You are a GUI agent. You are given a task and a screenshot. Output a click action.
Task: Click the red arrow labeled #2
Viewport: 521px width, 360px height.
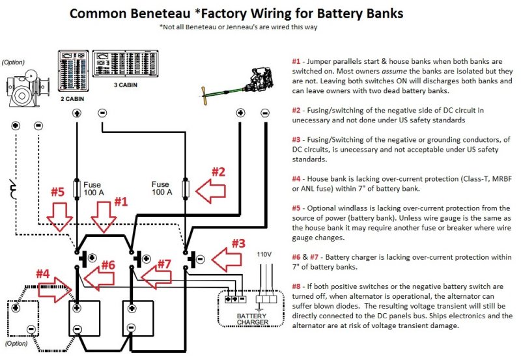(x=210, y=191)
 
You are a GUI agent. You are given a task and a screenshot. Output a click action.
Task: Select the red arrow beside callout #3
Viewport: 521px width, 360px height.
(x=226, y=260)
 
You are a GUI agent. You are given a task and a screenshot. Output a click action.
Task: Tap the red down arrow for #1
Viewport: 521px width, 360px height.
(x=104, y=217)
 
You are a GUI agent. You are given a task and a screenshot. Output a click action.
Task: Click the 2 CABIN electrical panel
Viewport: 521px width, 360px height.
(x=74, y=71)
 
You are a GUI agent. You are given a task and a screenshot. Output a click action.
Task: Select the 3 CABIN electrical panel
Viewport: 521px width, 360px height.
(x=125, y=64)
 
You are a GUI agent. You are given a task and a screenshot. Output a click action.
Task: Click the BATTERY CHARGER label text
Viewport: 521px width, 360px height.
(x=252, y=319)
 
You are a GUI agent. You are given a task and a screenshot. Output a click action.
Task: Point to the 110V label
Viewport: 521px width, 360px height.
(x=264, y=255)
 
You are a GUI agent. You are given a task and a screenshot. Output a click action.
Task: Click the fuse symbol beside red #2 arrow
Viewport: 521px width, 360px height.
(x=186, y=188)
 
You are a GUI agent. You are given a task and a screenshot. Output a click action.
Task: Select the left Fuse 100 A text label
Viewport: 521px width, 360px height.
(x=93, y=189)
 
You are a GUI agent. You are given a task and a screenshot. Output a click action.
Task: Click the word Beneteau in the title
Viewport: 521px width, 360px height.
(x=160, y=14)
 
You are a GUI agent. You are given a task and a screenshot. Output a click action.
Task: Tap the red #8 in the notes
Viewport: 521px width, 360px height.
(x=296, y=286)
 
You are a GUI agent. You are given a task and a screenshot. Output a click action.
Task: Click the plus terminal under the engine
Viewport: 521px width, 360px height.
(x=240, y=113)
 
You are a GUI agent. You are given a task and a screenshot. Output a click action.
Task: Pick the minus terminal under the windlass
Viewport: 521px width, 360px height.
(x=38, y=126)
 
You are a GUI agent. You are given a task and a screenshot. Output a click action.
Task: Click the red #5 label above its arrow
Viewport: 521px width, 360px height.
(x=57, y=192)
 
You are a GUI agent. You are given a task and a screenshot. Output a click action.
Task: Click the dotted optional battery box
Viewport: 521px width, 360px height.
(x=23, y=318)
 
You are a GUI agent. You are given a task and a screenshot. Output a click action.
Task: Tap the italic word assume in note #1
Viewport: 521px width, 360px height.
(x=395, y=71)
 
